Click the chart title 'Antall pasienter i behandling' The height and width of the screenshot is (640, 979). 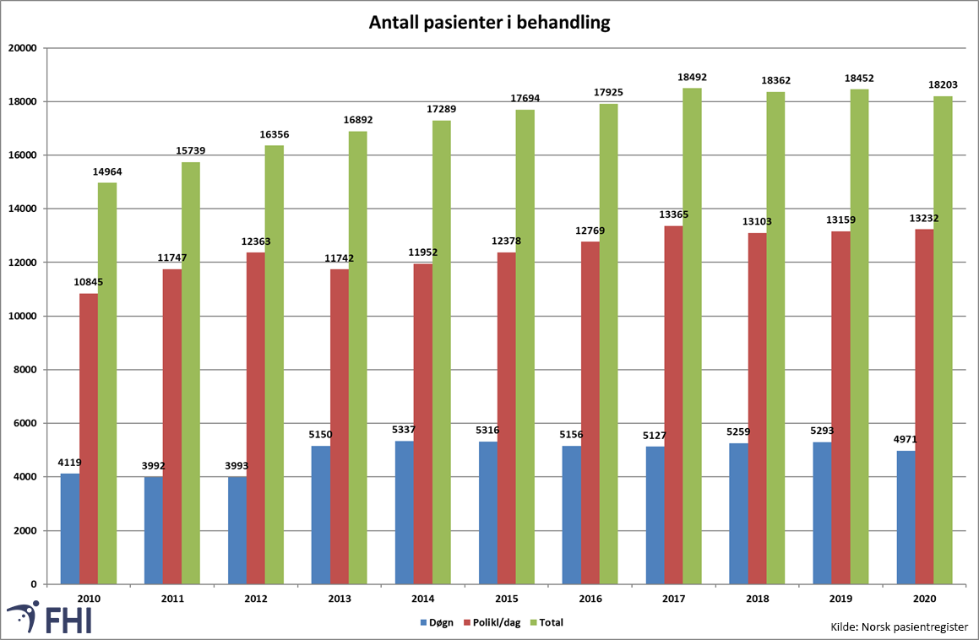tap(489, 23)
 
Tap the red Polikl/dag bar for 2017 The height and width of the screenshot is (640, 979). tap(673, 405)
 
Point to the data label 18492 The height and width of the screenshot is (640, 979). tap(692, 77)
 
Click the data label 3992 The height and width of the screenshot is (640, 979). tap(153, 466)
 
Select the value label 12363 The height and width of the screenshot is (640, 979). tap(255, 241)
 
